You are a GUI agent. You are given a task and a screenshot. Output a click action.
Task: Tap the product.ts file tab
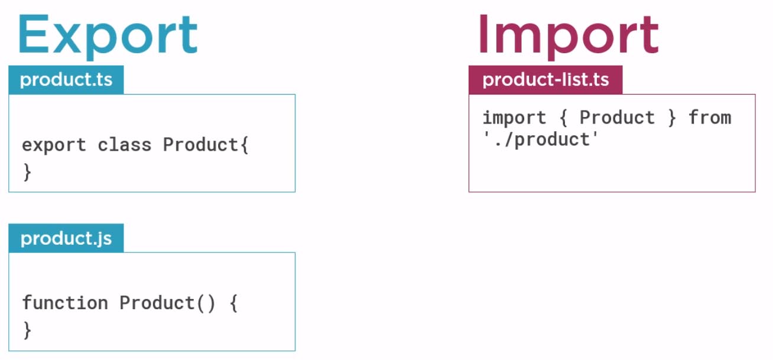click(x=66, y=80)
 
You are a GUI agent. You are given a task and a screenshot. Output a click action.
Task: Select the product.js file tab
click(x=66, y=238)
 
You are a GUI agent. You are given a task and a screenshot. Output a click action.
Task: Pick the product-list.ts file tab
click(x=545, y=80)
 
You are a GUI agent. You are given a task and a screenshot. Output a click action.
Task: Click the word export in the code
click(x=54, y=145)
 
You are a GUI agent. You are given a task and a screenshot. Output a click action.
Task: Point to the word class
click(x=124, y=145)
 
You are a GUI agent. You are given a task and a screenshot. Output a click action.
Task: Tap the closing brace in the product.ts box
click(x=27, y=173)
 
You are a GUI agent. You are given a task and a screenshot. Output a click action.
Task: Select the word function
click(x=65, y=303)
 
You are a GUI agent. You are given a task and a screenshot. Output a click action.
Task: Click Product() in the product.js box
click(x=167, y=303)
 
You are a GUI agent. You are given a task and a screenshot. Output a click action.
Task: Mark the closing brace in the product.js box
click(x=27, y=330)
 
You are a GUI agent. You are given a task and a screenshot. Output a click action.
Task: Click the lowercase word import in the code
click(x=514, y=118)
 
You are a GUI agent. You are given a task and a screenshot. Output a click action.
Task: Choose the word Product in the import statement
click(x=617, y=118)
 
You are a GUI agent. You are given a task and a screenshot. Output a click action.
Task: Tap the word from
click(x=710, y=118)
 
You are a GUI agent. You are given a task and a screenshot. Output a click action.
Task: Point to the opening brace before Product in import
click(x=563, y=118)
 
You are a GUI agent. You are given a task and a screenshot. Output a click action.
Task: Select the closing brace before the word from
click(x=671, y=118)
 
